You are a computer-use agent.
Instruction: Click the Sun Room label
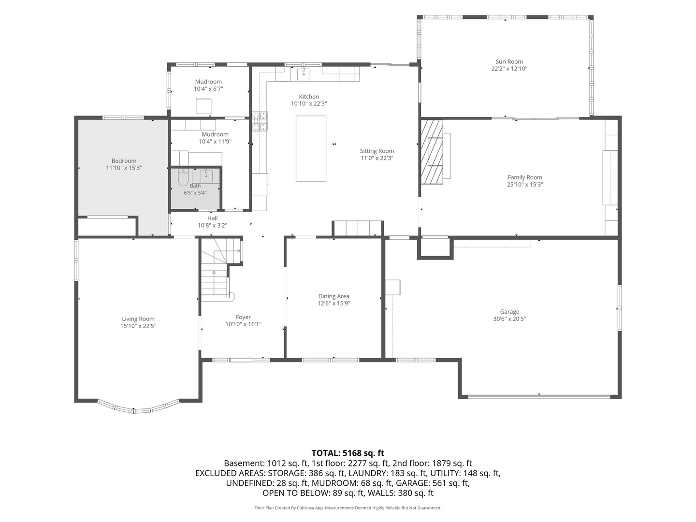coord(509,61)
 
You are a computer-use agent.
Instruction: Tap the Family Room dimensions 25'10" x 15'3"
coord(525,185)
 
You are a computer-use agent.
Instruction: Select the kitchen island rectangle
coord(311,148)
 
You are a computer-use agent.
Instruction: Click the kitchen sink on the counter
coord(304,73)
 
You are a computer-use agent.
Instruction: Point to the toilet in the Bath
coord(183,177)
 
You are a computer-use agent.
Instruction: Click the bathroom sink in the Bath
coord(206,175)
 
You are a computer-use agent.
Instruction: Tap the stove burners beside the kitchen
coord(260,121)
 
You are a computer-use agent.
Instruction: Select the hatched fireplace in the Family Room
coord(432,152)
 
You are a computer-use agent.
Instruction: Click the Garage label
coord(509,312)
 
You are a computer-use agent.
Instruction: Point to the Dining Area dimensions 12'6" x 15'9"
coord(334,304)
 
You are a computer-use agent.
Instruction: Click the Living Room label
coord(138,319)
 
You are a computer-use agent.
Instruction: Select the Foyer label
coord(243,317)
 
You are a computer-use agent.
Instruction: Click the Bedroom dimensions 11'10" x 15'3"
coord(124,168)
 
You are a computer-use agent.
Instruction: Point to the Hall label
coord(213,218)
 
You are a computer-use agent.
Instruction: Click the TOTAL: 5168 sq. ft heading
coord(348,453)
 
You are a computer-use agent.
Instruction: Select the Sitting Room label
coord(377,151)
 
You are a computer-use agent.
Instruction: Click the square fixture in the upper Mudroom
coord(203,106)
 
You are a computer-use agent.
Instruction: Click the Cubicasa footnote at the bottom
coord(348,507)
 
